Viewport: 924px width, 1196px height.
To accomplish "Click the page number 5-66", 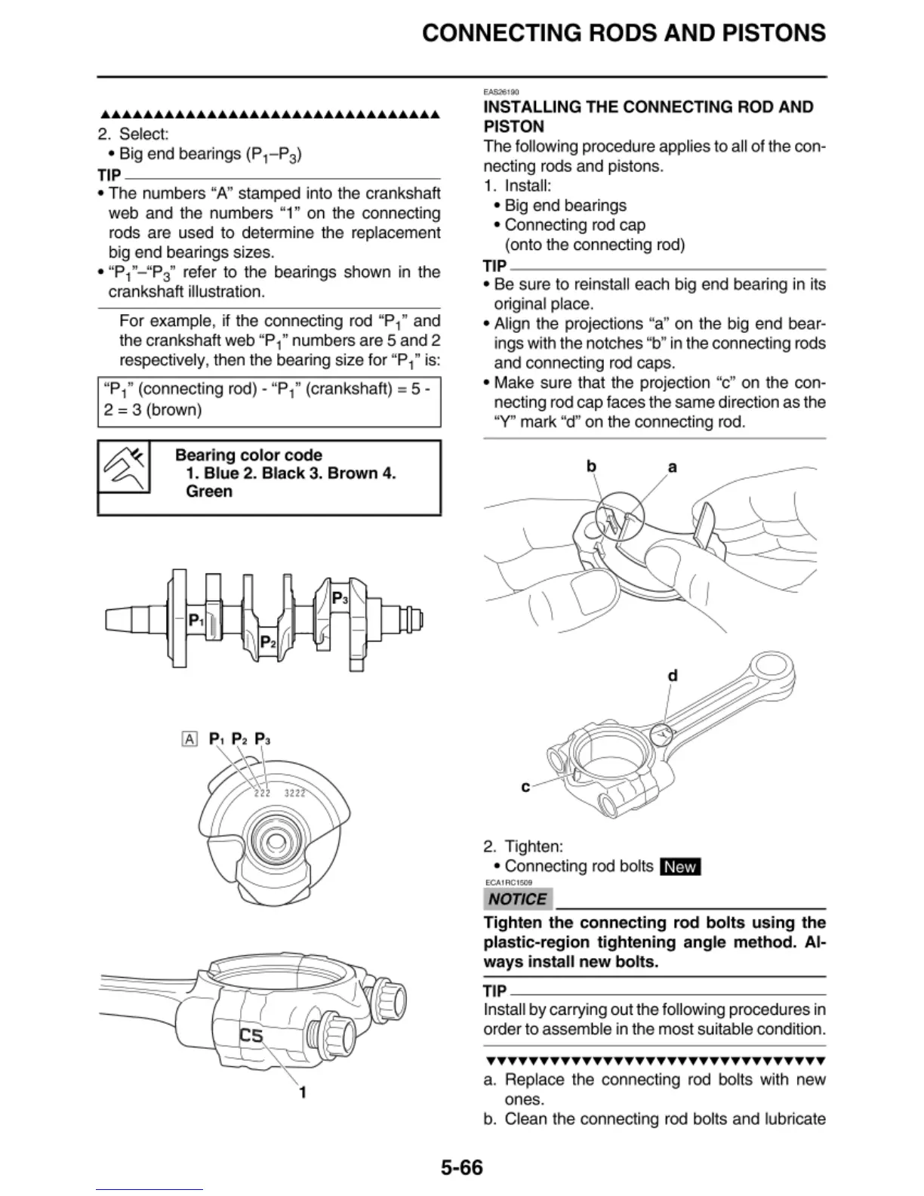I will coord(461,1168).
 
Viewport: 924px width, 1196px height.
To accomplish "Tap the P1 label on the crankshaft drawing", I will coord(196,621).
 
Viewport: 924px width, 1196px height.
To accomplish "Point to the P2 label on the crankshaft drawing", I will coord(267,643).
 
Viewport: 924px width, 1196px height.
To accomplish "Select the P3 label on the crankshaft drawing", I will coord(340,598).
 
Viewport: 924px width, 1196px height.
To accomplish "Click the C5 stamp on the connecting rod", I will coord(251,1035).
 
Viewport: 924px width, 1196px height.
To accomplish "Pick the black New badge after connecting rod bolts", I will coord(680,867).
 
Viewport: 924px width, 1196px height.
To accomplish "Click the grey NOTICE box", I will coord(517,899).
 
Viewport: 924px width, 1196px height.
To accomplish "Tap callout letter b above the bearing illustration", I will coord(592,467).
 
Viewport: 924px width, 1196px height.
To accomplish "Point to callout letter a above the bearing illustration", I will coord(672,467).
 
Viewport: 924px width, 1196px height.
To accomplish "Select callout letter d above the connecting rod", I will coord(673,676).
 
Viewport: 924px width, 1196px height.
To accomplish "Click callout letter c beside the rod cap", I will coord(525,787).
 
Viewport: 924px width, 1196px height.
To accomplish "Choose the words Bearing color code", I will coord(248,455).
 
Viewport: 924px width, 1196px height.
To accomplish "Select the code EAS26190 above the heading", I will coord(500,92).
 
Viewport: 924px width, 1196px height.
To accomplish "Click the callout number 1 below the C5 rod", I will coord(303,1092).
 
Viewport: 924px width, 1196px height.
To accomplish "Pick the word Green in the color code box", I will coord(209,492).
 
